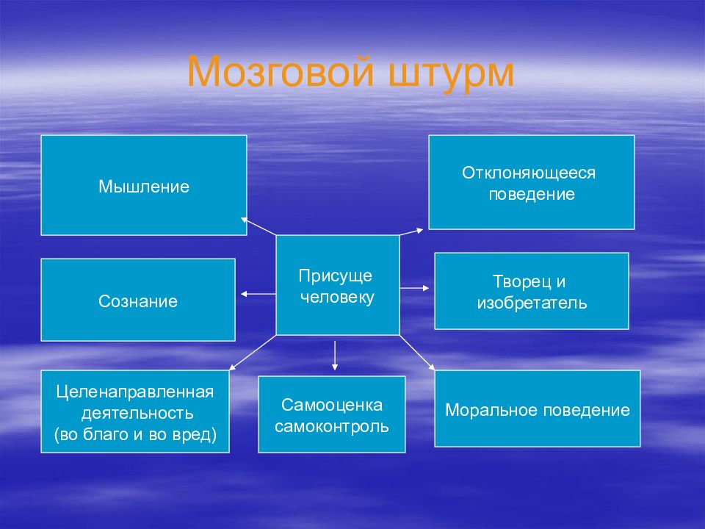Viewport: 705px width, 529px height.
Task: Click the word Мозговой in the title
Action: pyautogui.click(x=281, y=71)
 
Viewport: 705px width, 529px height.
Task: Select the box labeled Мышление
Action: pyautogui.click(x=144, y=185)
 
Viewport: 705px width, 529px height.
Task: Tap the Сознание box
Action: pyautogui.click(x=138, y=300)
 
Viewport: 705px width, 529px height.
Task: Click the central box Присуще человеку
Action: pyautogui.click(x=338, y=285)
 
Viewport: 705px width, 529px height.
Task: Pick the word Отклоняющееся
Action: pyautogui.click(x=529, y=173)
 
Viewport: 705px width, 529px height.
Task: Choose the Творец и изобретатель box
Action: pyautogui.click(x=532, y=291)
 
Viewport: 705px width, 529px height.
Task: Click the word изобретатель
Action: pyautogui.click(x=532, y=303)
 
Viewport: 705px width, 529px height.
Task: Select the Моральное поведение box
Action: pyautogui.click(x=538, y=409)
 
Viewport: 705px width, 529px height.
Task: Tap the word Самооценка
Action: pyautogui.click(x=332, y=405)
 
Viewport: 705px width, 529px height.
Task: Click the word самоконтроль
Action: pyautogui.click(x=332, y=426)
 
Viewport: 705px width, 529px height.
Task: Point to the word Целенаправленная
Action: pyautogui.click(x=135, y=392)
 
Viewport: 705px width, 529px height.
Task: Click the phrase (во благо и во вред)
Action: pyautogui.click(x=135, y=434)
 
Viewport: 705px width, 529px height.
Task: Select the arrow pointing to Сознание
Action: pyautogui.click(x=258, y=294)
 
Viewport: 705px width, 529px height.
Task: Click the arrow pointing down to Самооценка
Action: pyautogui.click(x=335, y=356)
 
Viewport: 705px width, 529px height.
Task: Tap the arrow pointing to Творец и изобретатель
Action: pyautogui.click(x=414, y=288)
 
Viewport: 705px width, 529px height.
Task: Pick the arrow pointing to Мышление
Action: pyautogui.click(x=258, y=226)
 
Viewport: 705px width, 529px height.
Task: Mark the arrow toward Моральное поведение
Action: pyautogui.click(x=417, y=353)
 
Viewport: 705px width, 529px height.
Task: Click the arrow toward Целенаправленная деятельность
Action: pyautogui.click(x=253, y=353)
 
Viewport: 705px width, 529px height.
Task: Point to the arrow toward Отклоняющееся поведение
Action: pyautogui.click(x=411, y=231)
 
